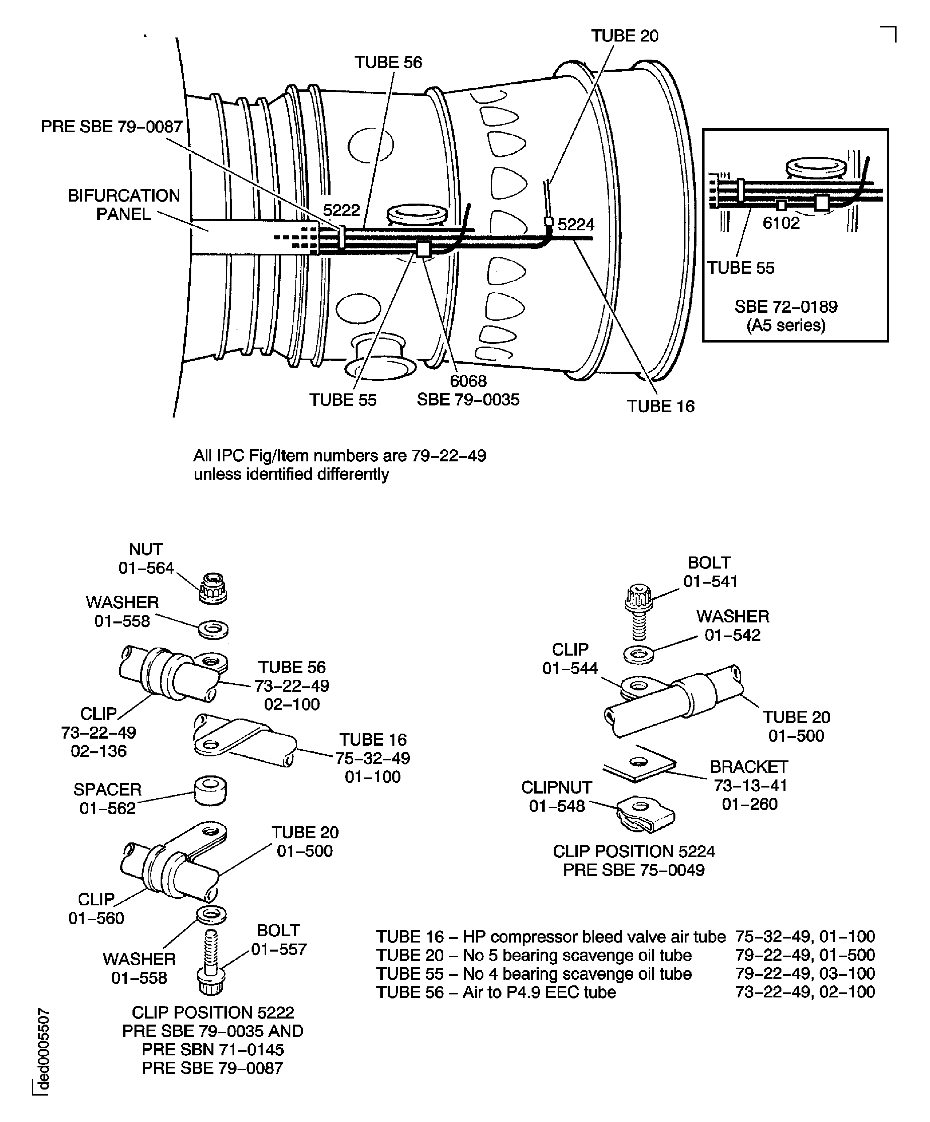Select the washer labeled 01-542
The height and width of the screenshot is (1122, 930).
pos(639,655)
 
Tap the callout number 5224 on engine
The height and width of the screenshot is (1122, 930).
pos(576,224)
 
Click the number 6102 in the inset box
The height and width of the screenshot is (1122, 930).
pos(781,223)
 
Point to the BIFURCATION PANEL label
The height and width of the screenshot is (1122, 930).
pos(124,205)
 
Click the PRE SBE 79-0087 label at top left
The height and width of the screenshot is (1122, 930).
pos(112,127)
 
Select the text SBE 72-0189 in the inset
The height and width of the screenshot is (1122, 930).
pos(786,307)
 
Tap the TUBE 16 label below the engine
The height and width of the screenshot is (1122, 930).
pos(660,406)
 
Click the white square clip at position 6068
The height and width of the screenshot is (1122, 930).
pos(424,249)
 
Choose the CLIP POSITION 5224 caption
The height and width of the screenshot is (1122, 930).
pos(634,851)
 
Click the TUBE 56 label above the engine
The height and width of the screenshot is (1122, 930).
pos(388,63)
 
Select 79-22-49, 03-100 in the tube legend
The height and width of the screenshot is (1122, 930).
pos(805,973)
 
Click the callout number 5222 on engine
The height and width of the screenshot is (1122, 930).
pos(342,210)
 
